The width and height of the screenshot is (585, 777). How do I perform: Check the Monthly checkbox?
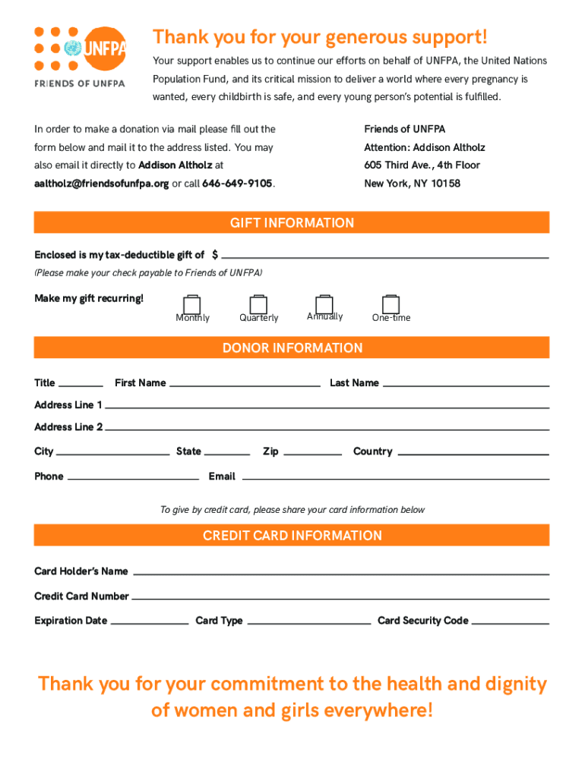[x=192, y=305]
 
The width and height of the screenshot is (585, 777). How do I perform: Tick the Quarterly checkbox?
[x=258, y=305]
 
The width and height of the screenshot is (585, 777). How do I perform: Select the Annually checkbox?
[x=324, y=304]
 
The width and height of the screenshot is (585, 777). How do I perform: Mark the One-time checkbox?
[x=391, y=304]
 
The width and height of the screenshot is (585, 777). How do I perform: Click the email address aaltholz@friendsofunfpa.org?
[x=102, y=184]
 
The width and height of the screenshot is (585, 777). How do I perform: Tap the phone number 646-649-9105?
[x=237, y=184]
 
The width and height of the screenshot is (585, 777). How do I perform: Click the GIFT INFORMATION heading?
[x=292, y=223]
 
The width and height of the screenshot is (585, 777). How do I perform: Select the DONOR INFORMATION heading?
[x=292, y=348]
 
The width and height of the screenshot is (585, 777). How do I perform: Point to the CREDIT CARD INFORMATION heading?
[x=292, y=536]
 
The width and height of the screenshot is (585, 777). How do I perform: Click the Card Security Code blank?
[x=510, y=622]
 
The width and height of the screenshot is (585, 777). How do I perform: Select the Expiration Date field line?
[x=150, y=622]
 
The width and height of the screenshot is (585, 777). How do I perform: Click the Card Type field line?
[x=309, y=622]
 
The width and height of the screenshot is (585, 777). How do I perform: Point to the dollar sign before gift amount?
[x=216, y=254]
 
